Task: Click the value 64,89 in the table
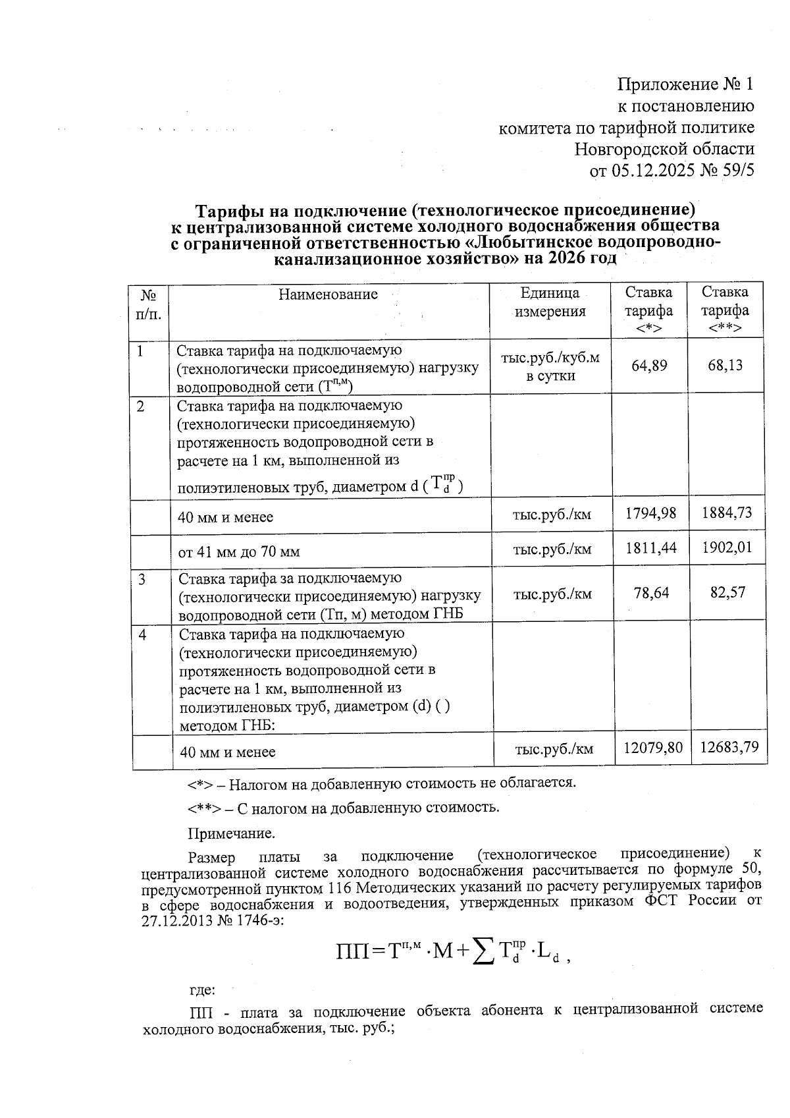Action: click(x=649, y=365)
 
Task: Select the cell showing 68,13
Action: click(x=725, y=365)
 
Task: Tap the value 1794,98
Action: click(x=650, y=513)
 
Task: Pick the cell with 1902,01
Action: click(x=726, y=547)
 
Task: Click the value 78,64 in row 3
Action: click(x=651, y=592)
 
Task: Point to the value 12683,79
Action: click(x=729, y=747)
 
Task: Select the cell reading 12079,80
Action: click(x=652, y=747)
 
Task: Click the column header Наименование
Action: click(x=328, y=294)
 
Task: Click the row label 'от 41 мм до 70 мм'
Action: click(x=239, y=552)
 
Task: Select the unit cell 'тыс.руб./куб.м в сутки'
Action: click(x=550, y=367)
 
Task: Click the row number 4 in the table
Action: click(x=142, y=634)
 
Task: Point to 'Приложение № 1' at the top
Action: click(x=685, y=84)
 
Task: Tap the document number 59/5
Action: click(x=737, y=171)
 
